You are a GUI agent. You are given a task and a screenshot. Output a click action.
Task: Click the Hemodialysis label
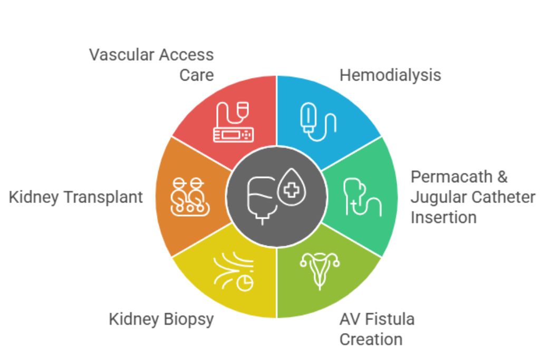[x=390, y=75]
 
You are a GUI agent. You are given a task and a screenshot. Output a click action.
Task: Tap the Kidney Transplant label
[x=76, y=197]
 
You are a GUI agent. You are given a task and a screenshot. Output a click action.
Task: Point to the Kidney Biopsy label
[x=161, y=319]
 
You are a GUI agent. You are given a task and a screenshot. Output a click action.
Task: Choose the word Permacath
[x=452, y=177]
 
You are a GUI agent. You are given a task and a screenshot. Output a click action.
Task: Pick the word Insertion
[x=443, y=217]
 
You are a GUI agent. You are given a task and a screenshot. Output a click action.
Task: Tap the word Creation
[x=371, y=339]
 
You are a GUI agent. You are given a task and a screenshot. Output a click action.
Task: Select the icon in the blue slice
[x=318, y=122]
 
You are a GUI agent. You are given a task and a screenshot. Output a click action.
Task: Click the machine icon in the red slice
[x=233, y=122]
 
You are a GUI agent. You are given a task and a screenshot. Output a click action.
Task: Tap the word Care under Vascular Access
[x=196, y=75]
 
